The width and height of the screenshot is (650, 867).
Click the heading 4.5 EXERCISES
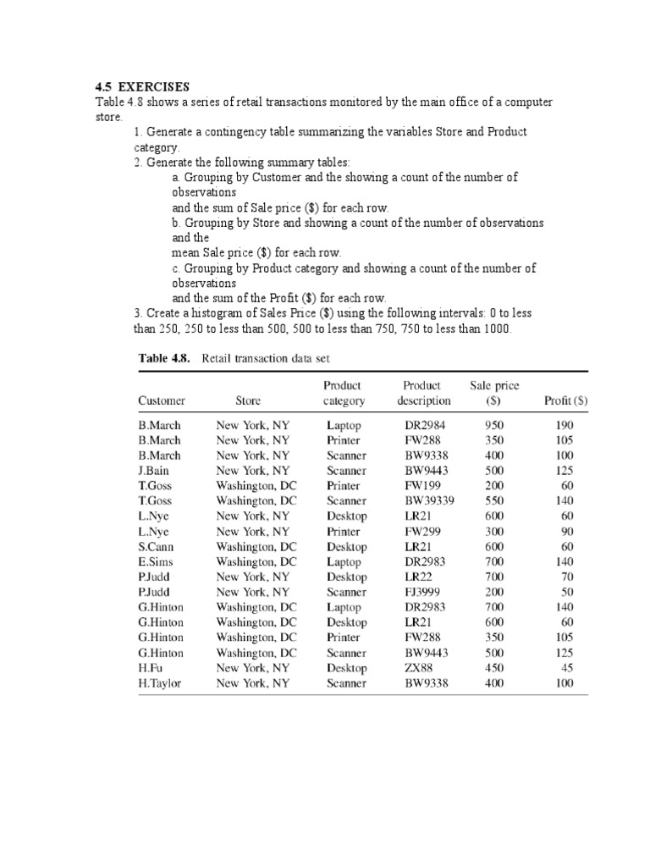point(142,87)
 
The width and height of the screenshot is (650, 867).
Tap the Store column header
point(248,400)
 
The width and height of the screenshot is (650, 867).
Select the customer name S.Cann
point(157,547)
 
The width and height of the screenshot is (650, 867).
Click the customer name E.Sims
point(157,562)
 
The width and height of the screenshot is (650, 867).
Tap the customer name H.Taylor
point(160,683)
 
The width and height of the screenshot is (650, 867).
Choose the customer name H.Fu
point(151,668)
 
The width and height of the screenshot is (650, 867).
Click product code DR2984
point(425,425)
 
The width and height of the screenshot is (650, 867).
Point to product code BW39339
point(429,501)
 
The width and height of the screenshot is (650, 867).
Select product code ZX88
point(419,668)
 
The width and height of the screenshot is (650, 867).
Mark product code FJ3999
point(423,593)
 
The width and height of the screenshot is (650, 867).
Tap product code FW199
point(423,486)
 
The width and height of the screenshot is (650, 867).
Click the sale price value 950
point(494,425)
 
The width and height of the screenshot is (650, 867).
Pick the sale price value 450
point(494,668)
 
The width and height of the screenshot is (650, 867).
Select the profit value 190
point(565,425)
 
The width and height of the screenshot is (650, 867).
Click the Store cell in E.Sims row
point(256,562)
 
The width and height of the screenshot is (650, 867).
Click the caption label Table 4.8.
point(165,358)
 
